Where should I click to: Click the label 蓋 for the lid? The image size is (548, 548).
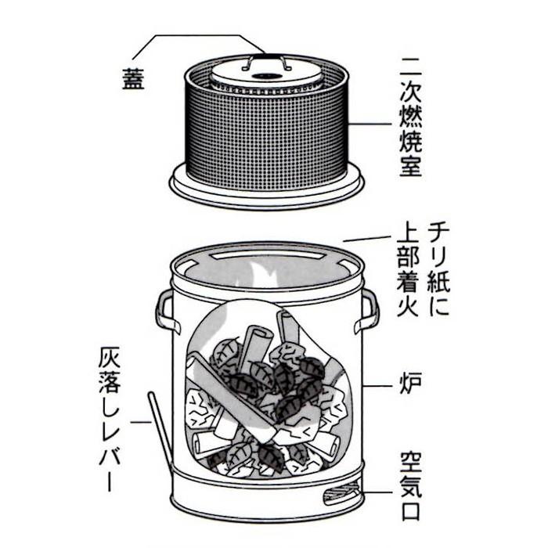click(x=133, y=81)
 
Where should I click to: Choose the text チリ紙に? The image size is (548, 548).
click(x=440, y=266)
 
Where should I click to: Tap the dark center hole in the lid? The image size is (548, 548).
click(x=267, y=77)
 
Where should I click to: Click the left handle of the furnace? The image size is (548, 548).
click(x=164, y=310)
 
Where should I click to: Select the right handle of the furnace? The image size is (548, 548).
click(x=369, y=310)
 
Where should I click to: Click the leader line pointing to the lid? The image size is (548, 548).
click(x=196, y=36)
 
